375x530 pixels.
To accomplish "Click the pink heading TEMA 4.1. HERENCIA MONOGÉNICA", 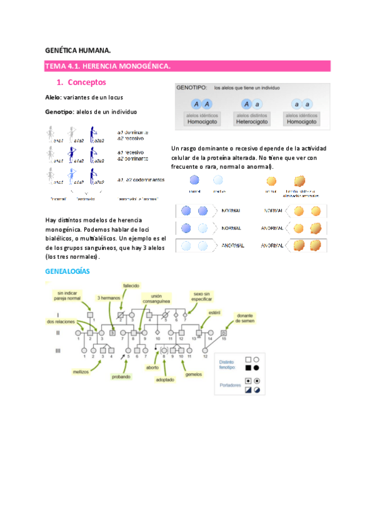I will (107, 66).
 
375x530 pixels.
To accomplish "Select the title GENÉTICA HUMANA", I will (78, 50).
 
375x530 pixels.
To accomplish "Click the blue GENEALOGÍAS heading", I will (68, 271).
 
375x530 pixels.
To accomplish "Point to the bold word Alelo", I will (53, 97).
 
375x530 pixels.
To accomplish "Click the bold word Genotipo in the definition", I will (59, 111).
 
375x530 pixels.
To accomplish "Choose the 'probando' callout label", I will (121, 377).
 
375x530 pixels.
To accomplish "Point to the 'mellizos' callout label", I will (80, 371).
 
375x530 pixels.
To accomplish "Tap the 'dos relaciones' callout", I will (60, 321).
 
